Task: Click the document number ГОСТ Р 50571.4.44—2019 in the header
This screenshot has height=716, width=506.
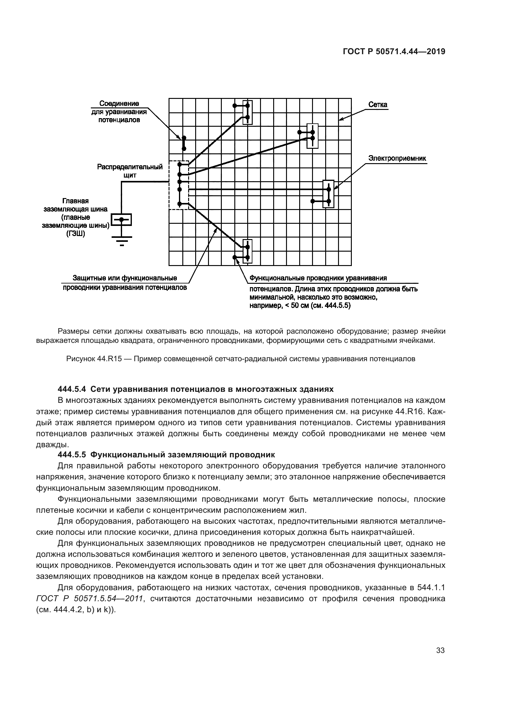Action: [394, 52]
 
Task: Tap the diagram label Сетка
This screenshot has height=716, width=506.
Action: [378, 104]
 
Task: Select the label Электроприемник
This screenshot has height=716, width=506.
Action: [397, 159]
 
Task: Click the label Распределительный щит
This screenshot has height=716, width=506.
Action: [130, 171]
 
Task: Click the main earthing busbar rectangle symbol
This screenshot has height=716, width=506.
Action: [121, 219]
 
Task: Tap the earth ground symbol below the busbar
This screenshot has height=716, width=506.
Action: [121, 240]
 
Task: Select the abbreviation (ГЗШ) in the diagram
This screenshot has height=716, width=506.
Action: [75, 233]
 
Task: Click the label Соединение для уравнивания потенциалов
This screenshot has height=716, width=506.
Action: [119, 111]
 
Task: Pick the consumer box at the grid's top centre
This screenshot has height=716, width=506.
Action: [247, 113]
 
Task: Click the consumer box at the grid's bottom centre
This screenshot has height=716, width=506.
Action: [247, 252]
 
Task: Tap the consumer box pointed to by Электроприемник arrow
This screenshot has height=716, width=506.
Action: [328, 194]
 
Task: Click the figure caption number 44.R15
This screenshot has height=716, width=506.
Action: [109, 359]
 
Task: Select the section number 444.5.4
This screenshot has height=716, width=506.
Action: [72, 389]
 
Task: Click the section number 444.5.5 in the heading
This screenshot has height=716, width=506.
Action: [72, 455]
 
